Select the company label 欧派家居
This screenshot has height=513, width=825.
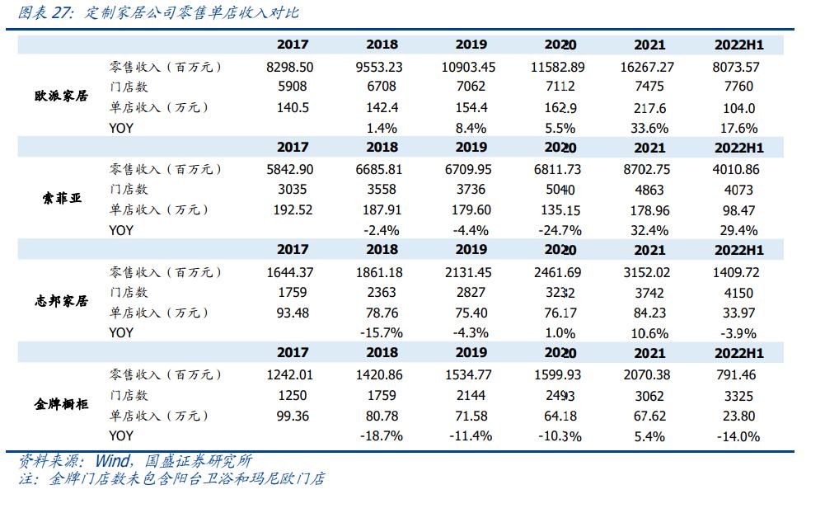click(62, 97)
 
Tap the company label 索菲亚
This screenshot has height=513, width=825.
click(62, 200)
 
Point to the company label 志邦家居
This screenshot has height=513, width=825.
click(62, 302)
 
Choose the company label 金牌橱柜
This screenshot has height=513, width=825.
click(62, 405)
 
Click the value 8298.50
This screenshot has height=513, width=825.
click(293, 67)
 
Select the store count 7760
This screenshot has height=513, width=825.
click(738, 87)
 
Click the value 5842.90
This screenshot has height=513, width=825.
click(293, 169)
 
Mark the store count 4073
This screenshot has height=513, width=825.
click(738, 190)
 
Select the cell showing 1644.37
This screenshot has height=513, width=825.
click(293, 272)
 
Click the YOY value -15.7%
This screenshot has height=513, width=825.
click(381, 332)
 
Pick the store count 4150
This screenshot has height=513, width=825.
click(738, 292)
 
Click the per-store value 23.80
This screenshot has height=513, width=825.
click(738, 416)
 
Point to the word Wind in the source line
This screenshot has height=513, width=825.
click(111, 461)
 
